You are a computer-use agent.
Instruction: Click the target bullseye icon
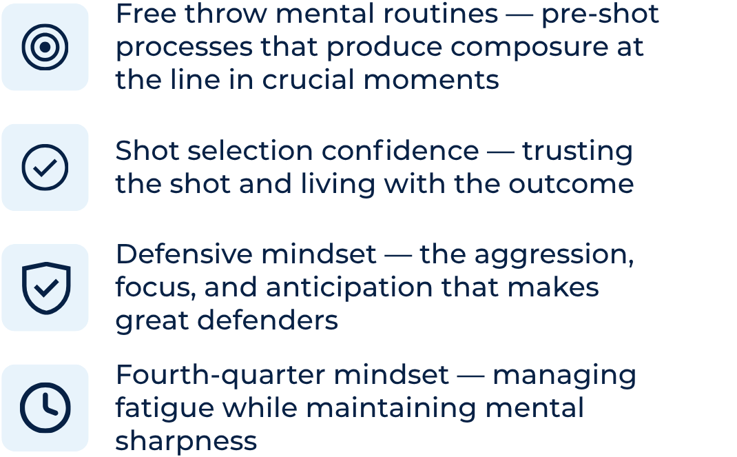45,47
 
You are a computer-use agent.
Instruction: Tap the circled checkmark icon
45,167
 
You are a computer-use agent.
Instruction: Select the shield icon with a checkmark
45,287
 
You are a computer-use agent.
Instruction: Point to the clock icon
45,407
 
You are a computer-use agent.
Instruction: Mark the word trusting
577,151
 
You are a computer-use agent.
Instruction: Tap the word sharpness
186,440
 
